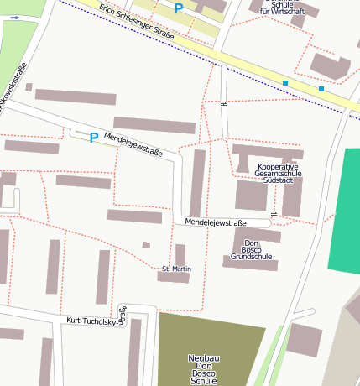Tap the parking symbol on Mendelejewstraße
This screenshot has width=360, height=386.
click(94, 138)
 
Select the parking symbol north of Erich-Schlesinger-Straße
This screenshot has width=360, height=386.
click(178, 8)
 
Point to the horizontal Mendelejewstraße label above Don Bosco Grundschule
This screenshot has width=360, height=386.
click(216, 222)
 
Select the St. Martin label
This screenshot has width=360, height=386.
click(176, 269)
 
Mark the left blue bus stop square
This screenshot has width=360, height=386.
click(285, 83)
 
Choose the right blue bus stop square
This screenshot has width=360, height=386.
click(321, 88)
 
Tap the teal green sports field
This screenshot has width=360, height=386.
click(344, 210)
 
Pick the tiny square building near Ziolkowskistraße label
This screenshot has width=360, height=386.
click(29, 86)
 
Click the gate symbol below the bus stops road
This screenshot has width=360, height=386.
click(222, 106)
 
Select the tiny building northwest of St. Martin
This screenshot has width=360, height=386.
click(146, 245)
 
